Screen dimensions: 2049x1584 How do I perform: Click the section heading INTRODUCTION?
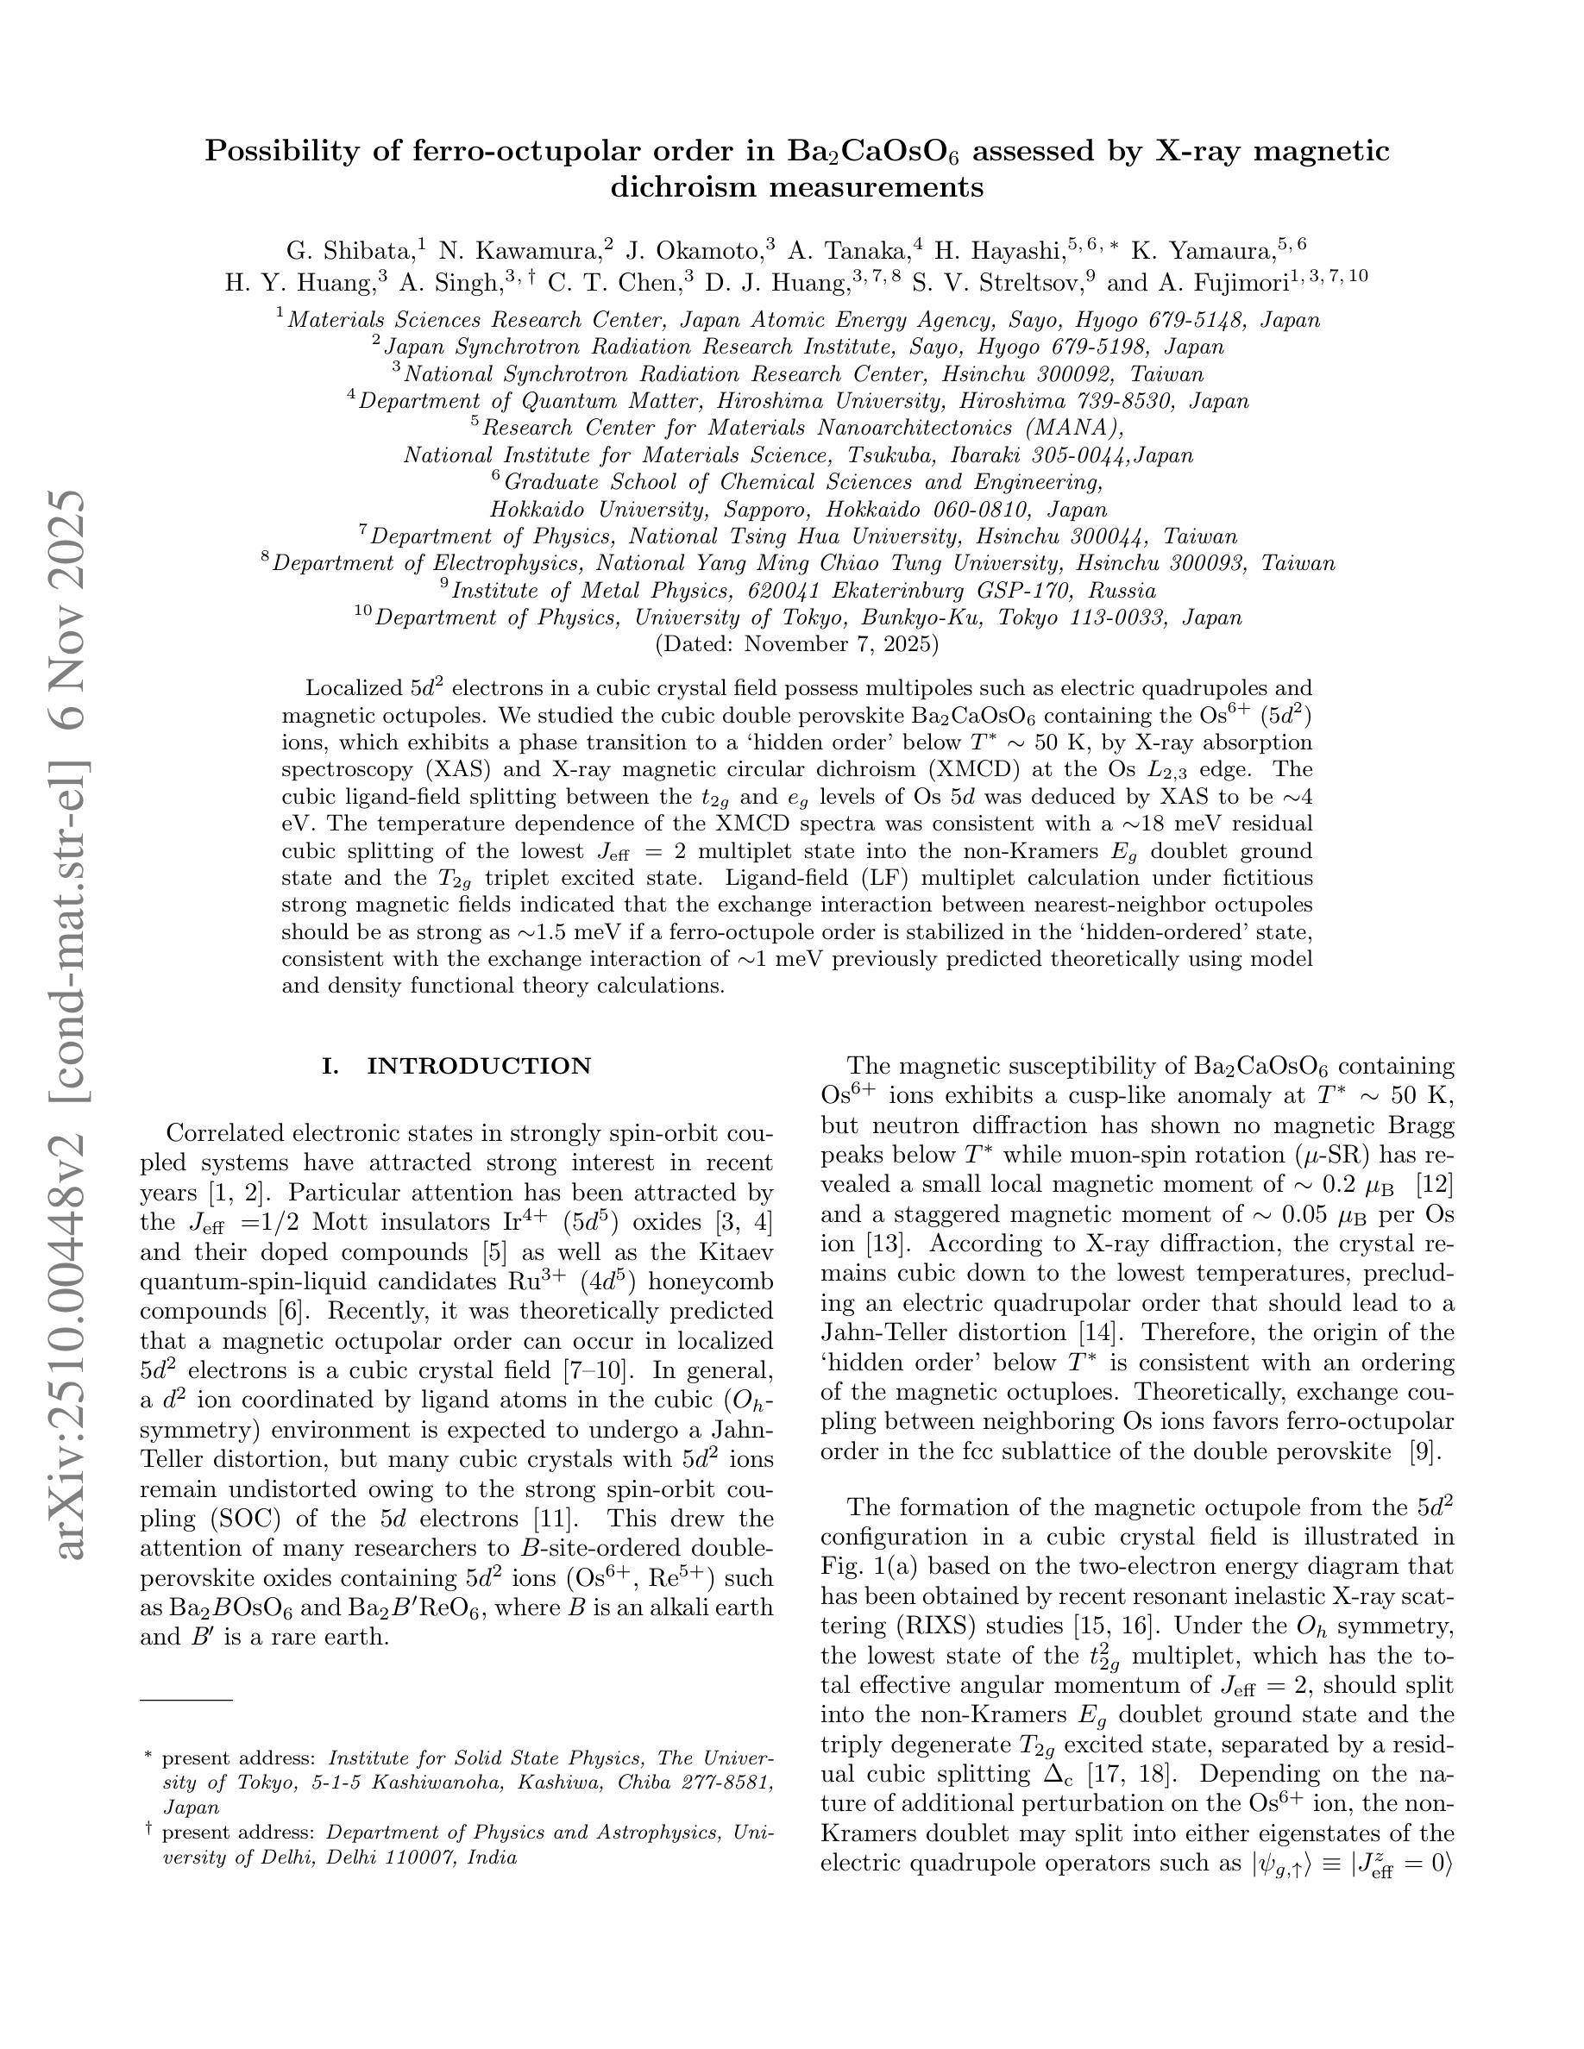pyautogui.click(x=479, y=1066)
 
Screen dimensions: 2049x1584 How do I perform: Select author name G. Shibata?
pyautogui.click(x=349, y=250)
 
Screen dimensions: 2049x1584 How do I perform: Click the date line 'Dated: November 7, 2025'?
pyautogui.click(x=795, y=643)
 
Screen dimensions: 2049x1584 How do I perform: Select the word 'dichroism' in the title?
pyautogui.click(x=684, y=188)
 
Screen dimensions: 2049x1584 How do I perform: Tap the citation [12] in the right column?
pyautogui.click(x=1434, y=1184)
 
